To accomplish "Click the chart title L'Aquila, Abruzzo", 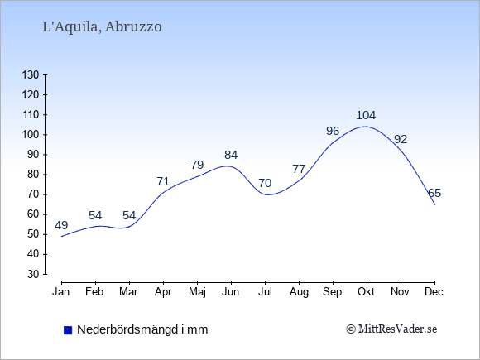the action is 102,27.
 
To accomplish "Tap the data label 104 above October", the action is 366,115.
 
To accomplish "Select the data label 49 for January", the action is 61,226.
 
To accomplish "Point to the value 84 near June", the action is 231,156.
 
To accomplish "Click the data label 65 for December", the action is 434,193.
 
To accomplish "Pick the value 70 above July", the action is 265,184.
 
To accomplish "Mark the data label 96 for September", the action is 333,132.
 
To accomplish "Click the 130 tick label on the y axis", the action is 31,74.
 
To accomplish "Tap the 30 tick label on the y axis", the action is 33,274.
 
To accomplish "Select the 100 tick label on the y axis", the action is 31,135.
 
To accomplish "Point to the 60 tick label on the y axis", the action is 33,214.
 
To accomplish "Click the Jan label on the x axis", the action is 61,292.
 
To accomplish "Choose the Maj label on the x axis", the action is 197,292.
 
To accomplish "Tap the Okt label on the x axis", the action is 366,292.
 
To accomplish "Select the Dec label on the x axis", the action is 434,292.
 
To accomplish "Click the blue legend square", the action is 68,330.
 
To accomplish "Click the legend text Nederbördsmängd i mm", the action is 142,329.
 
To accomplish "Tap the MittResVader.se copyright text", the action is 391,329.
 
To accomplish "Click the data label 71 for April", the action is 163,182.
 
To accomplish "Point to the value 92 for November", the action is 401,140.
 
